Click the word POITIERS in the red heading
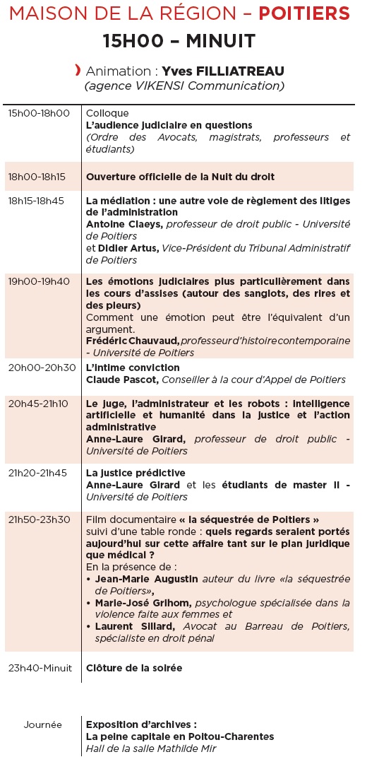304,13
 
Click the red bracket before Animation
78,69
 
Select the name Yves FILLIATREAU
223,71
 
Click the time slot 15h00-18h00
39,113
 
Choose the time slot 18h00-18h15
37,177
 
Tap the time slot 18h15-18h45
36,201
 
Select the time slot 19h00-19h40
39,281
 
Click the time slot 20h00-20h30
42,368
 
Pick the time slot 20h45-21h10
39,403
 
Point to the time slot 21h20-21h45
37,473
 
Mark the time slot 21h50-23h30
40,519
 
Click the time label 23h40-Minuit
40,668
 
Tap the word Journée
43,724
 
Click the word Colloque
107,113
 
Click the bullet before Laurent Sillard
90,627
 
